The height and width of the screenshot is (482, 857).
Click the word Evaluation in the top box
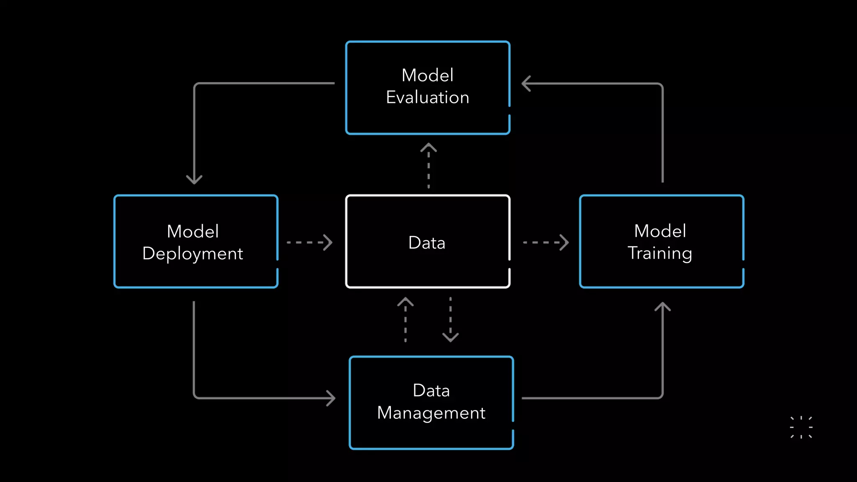427,97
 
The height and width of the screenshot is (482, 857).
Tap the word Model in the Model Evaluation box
427,75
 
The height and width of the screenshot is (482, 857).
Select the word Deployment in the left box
192,254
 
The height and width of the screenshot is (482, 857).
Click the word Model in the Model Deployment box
192,231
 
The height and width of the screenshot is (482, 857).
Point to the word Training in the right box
659,253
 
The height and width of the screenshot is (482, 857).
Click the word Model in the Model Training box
660,231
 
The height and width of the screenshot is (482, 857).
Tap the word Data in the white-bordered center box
426,243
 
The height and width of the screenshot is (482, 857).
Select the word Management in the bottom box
431,413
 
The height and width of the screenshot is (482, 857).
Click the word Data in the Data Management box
431,390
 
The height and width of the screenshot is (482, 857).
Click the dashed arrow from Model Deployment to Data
309,242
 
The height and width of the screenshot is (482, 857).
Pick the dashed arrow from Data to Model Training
546,242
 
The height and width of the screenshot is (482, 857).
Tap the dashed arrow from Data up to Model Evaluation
428,166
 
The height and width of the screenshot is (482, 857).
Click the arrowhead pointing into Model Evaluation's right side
526,83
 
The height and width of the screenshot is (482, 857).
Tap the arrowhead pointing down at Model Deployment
194,180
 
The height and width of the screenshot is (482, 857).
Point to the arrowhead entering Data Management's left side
331,398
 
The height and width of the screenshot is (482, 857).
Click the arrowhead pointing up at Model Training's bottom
662,307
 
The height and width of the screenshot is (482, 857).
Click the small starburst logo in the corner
801,427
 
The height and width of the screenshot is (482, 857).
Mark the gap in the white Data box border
509,264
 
